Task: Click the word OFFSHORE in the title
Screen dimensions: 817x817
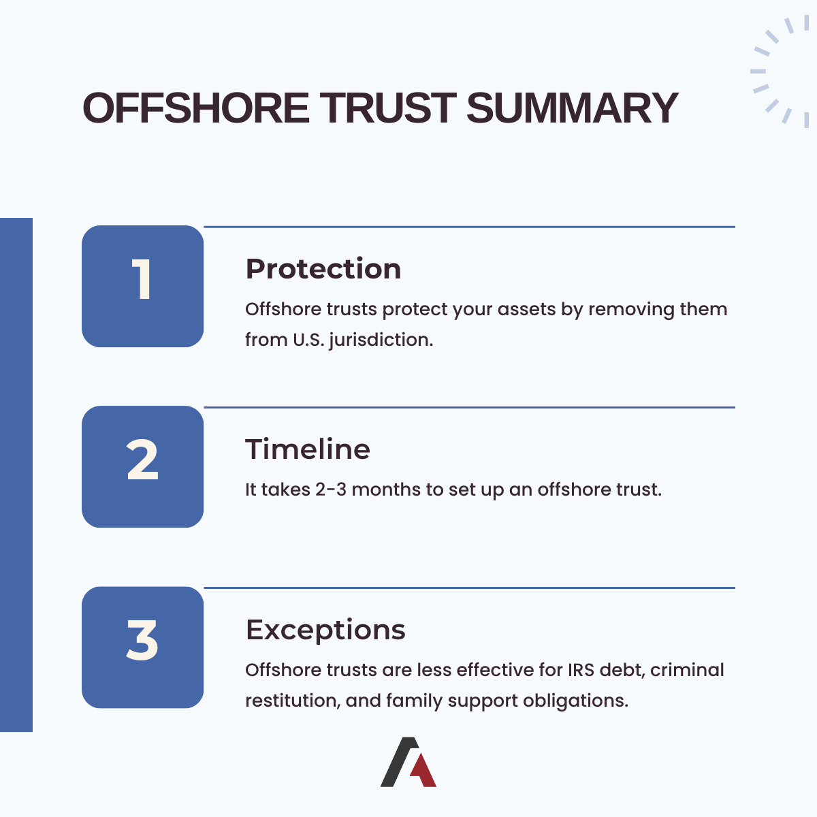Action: pyautogui.click(x=196, y=108)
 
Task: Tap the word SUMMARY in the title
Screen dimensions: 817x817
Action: pyautogui.click(x=572, y=108)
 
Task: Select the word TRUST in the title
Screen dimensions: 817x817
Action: pyautogui.click(x=388, y=108)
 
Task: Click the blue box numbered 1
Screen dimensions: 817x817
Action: pyautogui.click(x=142, y=286)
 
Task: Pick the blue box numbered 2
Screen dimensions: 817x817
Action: pyautogui.click(x=142, y=466)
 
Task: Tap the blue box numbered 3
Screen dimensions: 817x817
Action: pyautogui.click(x=142, y=647)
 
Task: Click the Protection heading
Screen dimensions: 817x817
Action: pyautogui.click(x=323, y=269)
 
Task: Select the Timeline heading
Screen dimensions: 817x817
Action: pyautogui.click(x=307, y=449)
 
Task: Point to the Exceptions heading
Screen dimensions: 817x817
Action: pyautogui.click(x=325, y=630)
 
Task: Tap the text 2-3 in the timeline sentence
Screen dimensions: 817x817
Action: pyautogui.click(x=330, y=490)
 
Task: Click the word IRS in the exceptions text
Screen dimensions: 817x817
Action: pyautogui.click(x=581, y=670)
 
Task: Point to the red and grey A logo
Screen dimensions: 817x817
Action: pyautogui.click(x=408, y=762)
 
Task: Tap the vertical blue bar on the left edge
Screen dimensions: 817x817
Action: pyautogui.click(x=16, y=475)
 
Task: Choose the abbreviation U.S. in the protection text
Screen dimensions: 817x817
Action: pyautogui.click(x=308, y=339)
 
